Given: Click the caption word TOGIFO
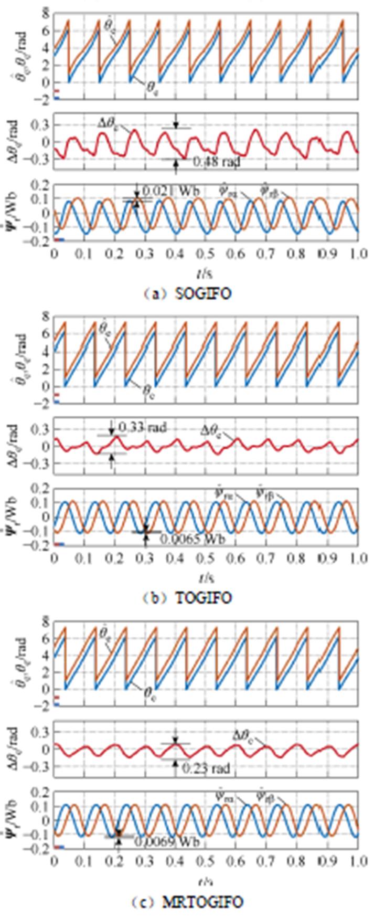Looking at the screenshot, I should [207, 598].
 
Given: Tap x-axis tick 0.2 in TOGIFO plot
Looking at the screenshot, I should [114, 557].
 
